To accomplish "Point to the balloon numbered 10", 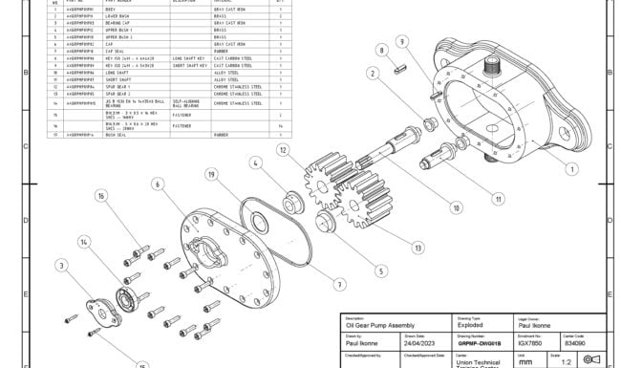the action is click(456, 206).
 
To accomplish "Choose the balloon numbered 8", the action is click(381, 50).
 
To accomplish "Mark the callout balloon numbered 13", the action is click(418, 248).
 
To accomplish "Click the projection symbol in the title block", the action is click(589, 360).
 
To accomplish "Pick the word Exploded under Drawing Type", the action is click(472, 326).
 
